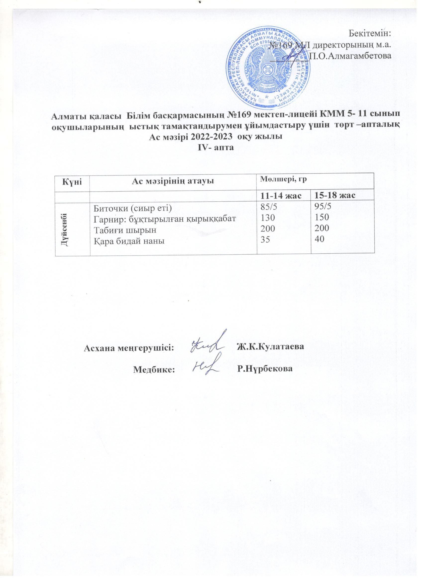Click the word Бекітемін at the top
tap(370, 34)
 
